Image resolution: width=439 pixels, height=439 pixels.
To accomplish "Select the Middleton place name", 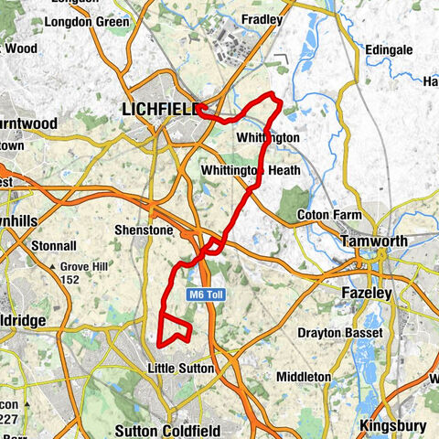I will pos(303,376).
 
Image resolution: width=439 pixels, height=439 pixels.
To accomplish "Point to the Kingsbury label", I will pos(393,425).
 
